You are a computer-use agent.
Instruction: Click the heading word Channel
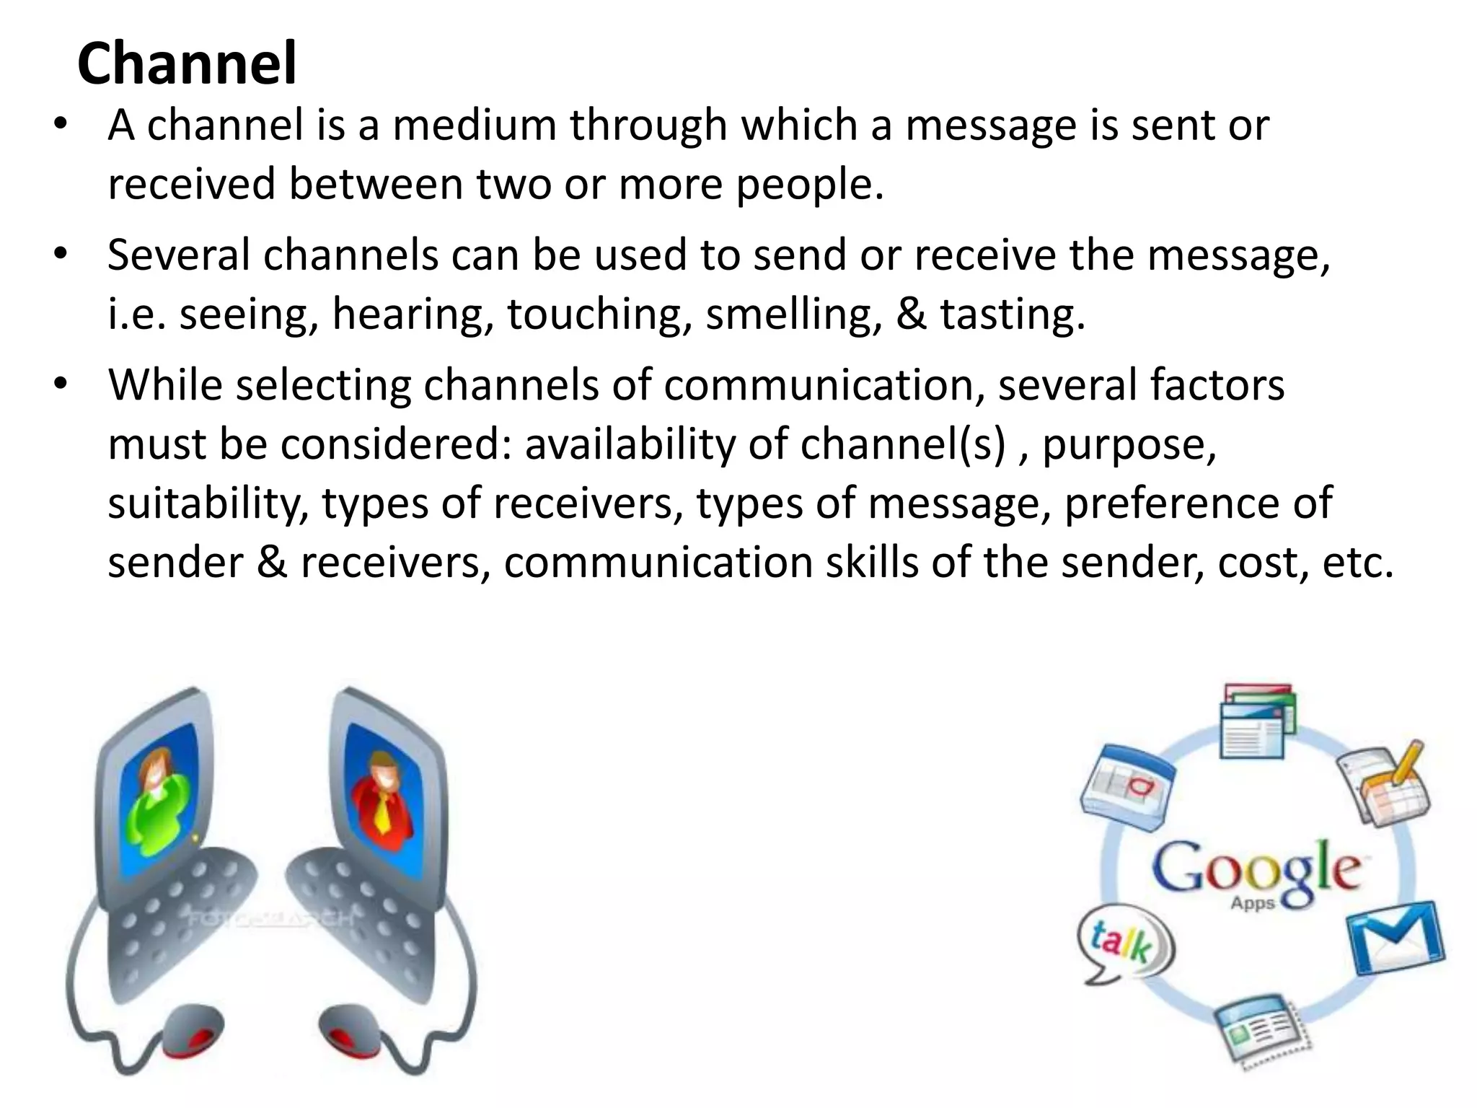pyautogui.click(x=187, y=63)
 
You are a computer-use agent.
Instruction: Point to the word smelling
pyautogui.click(x=793, y=315)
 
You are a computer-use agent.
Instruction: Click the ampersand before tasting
pyautogui.click(x=911, y=315)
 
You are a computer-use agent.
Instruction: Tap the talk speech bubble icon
pyautogui.click(x=1124, y=944)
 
